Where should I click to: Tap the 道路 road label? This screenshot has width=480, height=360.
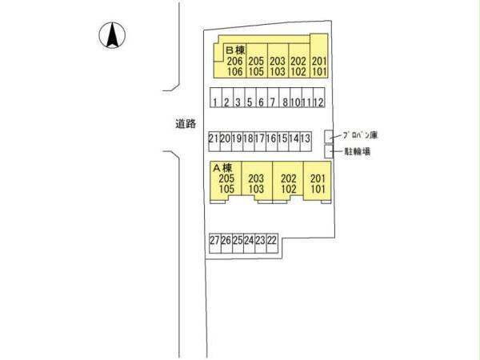click(x=186, y=124)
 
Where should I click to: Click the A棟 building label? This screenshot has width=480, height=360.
click(x=222, y=167)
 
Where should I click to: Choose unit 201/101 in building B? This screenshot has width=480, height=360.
click(x=318, y=66)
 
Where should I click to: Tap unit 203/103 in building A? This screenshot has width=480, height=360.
click(x=256, y=184)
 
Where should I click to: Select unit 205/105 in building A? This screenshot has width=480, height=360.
click(x=226, y=184)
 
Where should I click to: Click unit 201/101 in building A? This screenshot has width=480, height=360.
click(x=317, y=184)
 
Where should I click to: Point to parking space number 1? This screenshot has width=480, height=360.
click(x=215, y=102)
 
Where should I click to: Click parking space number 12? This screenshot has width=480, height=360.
click(x=318, y=102)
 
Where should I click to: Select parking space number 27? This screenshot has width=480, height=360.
click(x=214, y=240)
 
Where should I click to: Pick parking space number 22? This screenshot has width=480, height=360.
click(x=272, y=240)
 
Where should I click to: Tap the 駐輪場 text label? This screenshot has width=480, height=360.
click(x=357, y=151)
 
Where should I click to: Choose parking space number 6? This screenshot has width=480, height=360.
click(x=262, y=102)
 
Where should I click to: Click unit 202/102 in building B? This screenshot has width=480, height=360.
click(x=298, y=66)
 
